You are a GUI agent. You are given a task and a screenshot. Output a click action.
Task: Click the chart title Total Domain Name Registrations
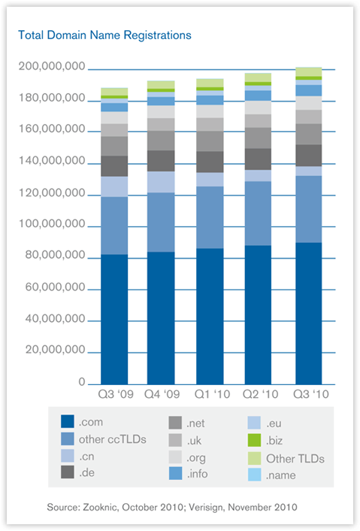(x=104, y=35)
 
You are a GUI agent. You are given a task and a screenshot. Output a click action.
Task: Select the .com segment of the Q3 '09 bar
(x=114, y=320)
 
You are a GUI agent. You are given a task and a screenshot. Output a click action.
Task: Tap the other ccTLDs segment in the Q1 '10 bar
(x=210, y=217)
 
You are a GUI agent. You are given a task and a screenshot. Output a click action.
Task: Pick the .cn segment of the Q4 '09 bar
(x=161, y=182)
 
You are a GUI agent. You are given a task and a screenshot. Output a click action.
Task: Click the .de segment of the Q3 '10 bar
(x=309, y=156)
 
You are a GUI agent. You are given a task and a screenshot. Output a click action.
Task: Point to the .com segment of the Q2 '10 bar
(x=258, y=315)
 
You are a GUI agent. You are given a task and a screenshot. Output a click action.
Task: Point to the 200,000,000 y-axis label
(x=52, y=66)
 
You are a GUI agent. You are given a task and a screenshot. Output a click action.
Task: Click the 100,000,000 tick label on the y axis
(x=52, y=224)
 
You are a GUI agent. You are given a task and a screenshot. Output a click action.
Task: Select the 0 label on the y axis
(x=82, y=382)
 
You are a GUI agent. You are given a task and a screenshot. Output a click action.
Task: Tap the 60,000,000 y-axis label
(x=55, y=287)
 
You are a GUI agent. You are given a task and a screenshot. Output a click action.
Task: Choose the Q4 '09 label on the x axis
(x=162, y=394)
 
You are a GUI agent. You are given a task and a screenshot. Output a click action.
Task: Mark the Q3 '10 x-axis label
(x=311, y=394)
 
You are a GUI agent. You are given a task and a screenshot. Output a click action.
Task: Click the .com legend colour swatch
(x=68, y=422)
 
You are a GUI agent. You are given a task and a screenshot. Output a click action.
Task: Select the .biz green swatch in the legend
(x=255, y=440)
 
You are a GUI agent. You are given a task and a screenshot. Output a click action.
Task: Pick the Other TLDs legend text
(x=295, y=459)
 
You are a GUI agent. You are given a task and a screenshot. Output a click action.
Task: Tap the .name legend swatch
(x=255, y=475)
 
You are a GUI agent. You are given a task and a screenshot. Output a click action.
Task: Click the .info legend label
(x=197, y=474)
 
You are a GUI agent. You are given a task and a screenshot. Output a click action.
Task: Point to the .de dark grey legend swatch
(x=68, y=472)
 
